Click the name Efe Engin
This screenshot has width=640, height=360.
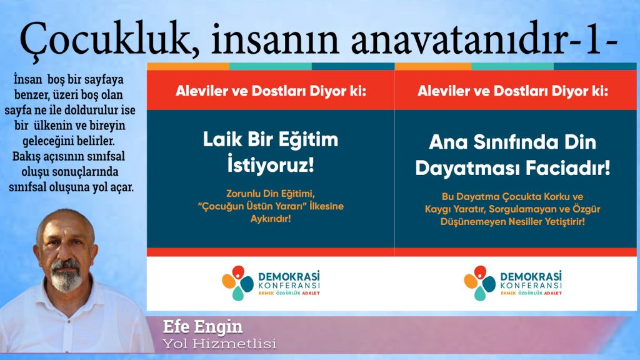coord(202,327)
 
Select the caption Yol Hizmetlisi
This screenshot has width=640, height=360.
coord(219,344)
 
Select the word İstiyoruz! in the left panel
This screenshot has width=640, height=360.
coord(271,165)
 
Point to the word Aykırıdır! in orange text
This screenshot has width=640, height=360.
coord(271,219)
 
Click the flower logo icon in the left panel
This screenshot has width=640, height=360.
coord(237,282)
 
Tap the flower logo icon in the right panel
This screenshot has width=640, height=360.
coord(479,282)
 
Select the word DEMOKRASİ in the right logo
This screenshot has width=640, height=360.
coord(531,276)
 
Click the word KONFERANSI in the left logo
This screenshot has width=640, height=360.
coord(289,286)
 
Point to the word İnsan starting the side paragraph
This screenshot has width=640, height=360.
coord(28,79)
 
